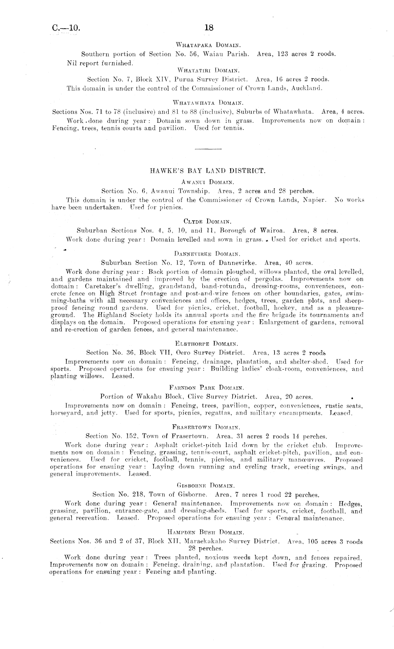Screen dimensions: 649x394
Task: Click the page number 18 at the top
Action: tap(209, 27)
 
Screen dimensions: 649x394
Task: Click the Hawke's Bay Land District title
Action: tap(208, 171)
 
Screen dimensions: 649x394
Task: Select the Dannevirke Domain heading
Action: tap(208, 254)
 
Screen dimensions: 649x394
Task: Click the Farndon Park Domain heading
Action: tap(208, 387)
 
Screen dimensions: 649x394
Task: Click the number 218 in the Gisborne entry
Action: tap(140, 494)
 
